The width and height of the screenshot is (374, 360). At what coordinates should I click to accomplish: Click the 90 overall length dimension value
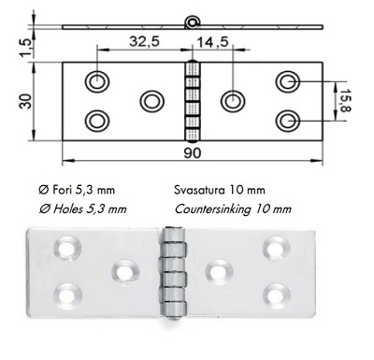(x=193, y=152)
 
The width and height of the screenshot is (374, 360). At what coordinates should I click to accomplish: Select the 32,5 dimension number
(x=144, y=41)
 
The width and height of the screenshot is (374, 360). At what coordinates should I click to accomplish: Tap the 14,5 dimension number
(x=213, y=42)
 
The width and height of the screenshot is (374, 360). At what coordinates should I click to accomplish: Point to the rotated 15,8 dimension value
(x=345, y=100)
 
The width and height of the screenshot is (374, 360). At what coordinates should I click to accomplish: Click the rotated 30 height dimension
(x=26, y=101)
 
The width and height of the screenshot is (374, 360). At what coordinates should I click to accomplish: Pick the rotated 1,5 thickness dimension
(x=25, y=48)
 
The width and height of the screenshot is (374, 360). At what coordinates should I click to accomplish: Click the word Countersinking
(x=212, y=209)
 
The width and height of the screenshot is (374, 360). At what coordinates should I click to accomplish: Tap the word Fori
(x=63, y=190)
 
